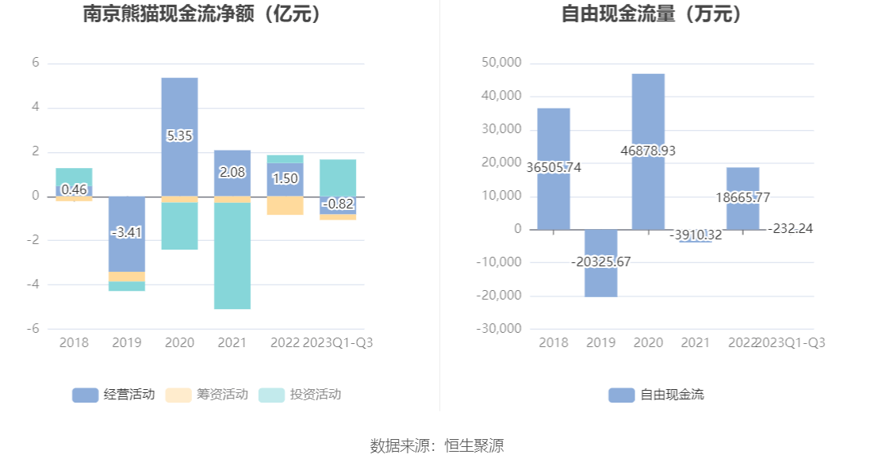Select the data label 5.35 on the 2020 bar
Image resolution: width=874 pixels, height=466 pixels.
click(179, 136)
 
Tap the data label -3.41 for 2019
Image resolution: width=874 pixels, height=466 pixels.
click(127, 233)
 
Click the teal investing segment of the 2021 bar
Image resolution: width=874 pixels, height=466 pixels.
click(232, 255)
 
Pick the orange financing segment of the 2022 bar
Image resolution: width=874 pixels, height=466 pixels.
click(285, 205)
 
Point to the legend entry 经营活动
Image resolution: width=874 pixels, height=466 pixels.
click(113, 395)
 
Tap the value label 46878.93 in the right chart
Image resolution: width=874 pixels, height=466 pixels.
click(649, 151)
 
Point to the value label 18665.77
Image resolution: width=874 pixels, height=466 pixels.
click(743, 198)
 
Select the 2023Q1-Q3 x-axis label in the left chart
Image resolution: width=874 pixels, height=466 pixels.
click(338, 343)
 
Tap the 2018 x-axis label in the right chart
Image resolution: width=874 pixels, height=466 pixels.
click(554, 343)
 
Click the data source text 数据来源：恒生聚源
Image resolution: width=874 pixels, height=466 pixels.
click(437, 445)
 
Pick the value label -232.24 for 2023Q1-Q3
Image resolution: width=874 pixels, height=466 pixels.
click(791, 228)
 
